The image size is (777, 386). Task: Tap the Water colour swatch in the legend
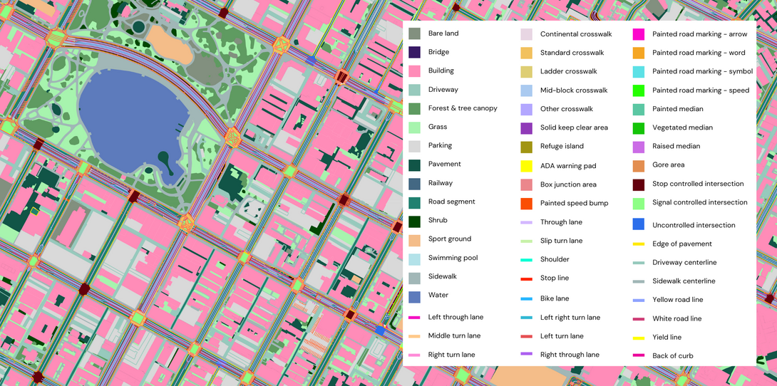(414, 296)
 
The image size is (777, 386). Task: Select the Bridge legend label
(438, 52)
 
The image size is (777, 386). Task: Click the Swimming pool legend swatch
(414, 258)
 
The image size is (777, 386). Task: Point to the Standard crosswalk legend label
(572, 53)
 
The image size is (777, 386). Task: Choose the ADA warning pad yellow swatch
(526, 166)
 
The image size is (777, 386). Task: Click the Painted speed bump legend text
(574, 203)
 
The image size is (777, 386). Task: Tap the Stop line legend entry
(554, 278)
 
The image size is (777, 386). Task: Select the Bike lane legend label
(555, 298)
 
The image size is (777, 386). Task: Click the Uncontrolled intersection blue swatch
(639, 224)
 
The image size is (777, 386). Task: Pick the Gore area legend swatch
(639, 165)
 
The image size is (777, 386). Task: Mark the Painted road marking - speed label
(700, 90)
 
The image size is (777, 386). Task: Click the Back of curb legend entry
(672, 355)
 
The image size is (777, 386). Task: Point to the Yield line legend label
(667, 337)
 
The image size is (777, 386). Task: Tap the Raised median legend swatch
(639, 147)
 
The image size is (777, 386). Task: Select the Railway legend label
(440, 183)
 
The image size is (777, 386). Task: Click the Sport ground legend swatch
(414, 239)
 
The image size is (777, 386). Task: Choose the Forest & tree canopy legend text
(463, 108)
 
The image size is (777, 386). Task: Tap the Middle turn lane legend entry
(454, 335)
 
